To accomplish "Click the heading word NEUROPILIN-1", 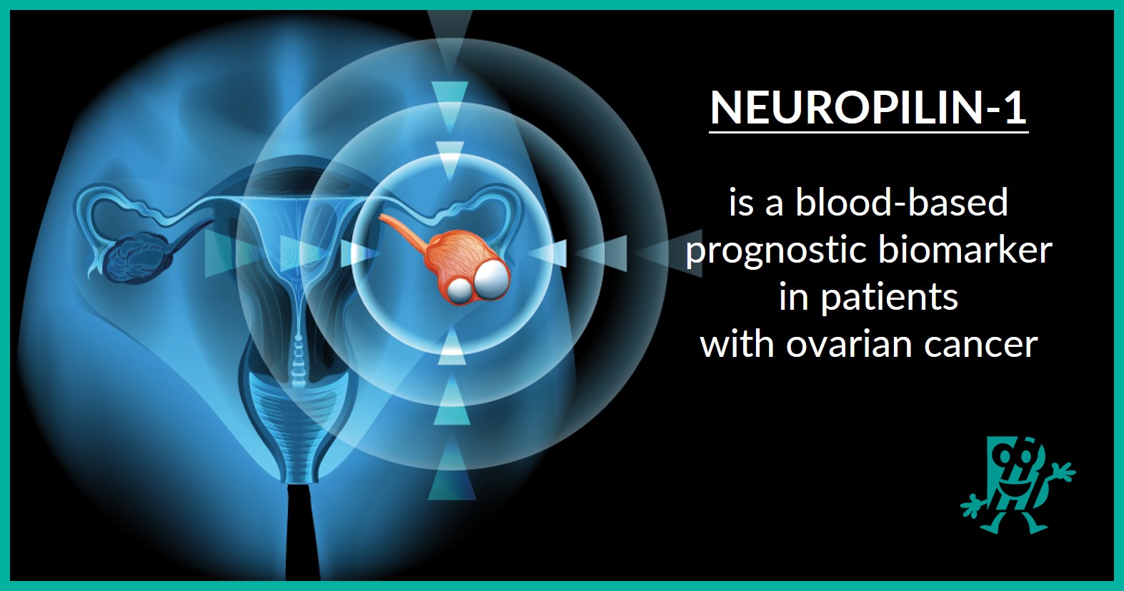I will [868, 108].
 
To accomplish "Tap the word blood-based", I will [902, 203].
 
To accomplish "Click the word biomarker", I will [965, 250].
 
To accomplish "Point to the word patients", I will [889, 298].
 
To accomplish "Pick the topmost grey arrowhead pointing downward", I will [450, 36].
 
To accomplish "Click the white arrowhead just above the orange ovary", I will [450, 160].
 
